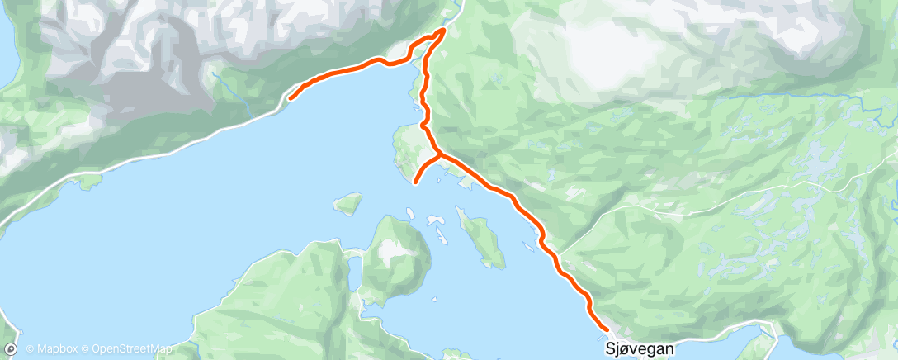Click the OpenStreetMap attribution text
[131, 349]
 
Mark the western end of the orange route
[290, 98]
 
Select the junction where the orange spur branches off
[438, 154]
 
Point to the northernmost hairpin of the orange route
[443, 31]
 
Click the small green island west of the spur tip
[348, 202]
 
